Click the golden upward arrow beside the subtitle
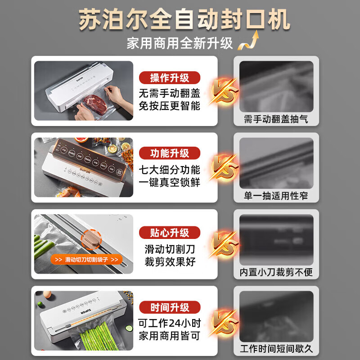(250, 41)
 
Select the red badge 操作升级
(170, 78)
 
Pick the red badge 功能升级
(170, 153)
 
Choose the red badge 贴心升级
(170, 233)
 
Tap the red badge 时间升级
(170, 307)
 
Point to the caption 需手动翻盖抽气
(276, 119)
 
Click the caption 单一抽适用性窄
(276, 196)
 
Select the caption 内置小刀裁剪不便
(276, 273)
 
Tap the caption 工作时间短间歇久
(276, 349)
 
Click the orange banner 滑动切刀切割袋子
(85, 260)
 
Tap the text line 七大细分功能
(170, 170)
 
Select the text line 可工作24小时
(170, 324)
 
